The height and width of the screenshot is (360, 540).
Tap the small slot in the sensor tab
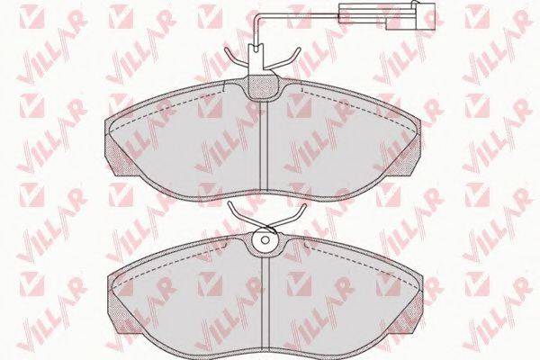coord(256,49)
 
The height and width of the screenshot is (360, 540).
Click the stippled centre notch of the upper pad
coord(263,86)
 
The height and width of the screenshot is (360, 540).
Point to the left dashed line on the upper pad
coord(166,109)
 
